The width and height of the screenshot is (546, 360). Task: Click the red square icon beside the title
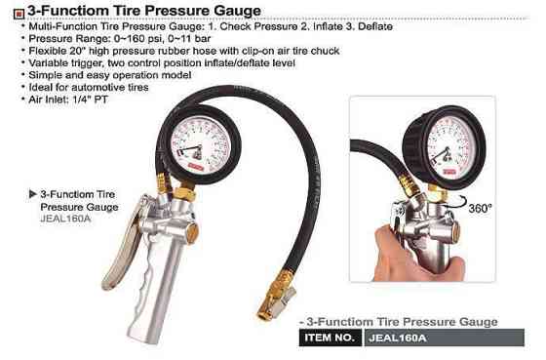[x=19, y=14]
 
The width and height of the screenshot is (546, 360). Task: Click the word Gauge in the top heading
[x=238, y=11]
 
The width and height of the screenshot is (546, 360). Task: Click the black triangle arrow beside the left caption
[x=33, y=194]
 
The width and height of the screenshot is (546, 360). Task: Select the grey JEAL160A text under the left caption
[x=65, y=219]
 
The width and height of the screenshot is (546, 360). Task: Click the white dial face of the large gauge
[x=200, y=144]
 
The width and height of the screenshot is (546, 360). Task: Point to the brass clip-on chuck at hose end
[x=276, y=296]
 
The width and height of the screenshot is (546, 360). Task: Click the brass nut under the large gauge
[x=184, y=194]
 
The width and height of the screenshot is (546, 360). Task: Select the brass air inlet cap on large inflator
[x=193, y=232]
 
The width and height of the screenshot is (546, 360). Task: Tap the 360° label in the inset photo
[x=480, y=209]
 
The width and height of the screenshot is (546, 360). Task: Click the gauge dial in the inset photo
[x=450, y=147]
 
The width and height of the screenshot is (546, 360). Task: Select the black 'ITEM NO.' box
[x=331, y=338]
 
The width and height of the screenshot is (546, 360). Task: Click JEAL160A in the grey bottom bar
[x=398, y=338]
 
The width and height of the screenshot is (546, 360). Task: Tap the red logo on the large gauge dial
[x=196, y=167]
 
